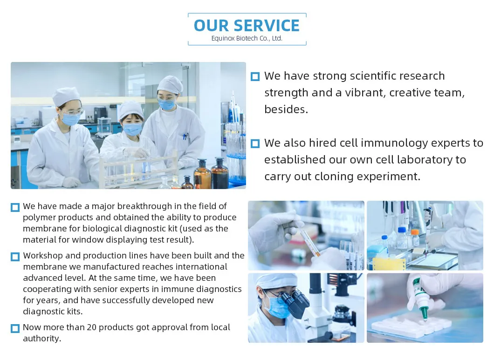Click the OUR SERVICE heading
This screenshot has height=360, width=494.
click(x=247, y=26)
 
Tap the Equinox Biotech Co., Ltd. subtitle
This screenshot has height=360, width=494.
click(x=247, y=39)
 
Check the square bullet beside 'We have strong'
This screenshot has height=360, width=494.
click(x=255, y=76)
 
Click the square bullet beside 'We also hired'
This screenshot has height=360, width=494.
click(x=255, y=143)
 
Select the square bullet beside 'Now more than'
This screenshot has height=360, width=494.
click(x=15, y=328)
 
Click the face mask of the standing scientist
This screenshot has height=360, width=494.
click(x=166, y=104)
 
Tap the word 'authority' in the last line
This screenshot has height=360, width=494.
click(x=41, y=339)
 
